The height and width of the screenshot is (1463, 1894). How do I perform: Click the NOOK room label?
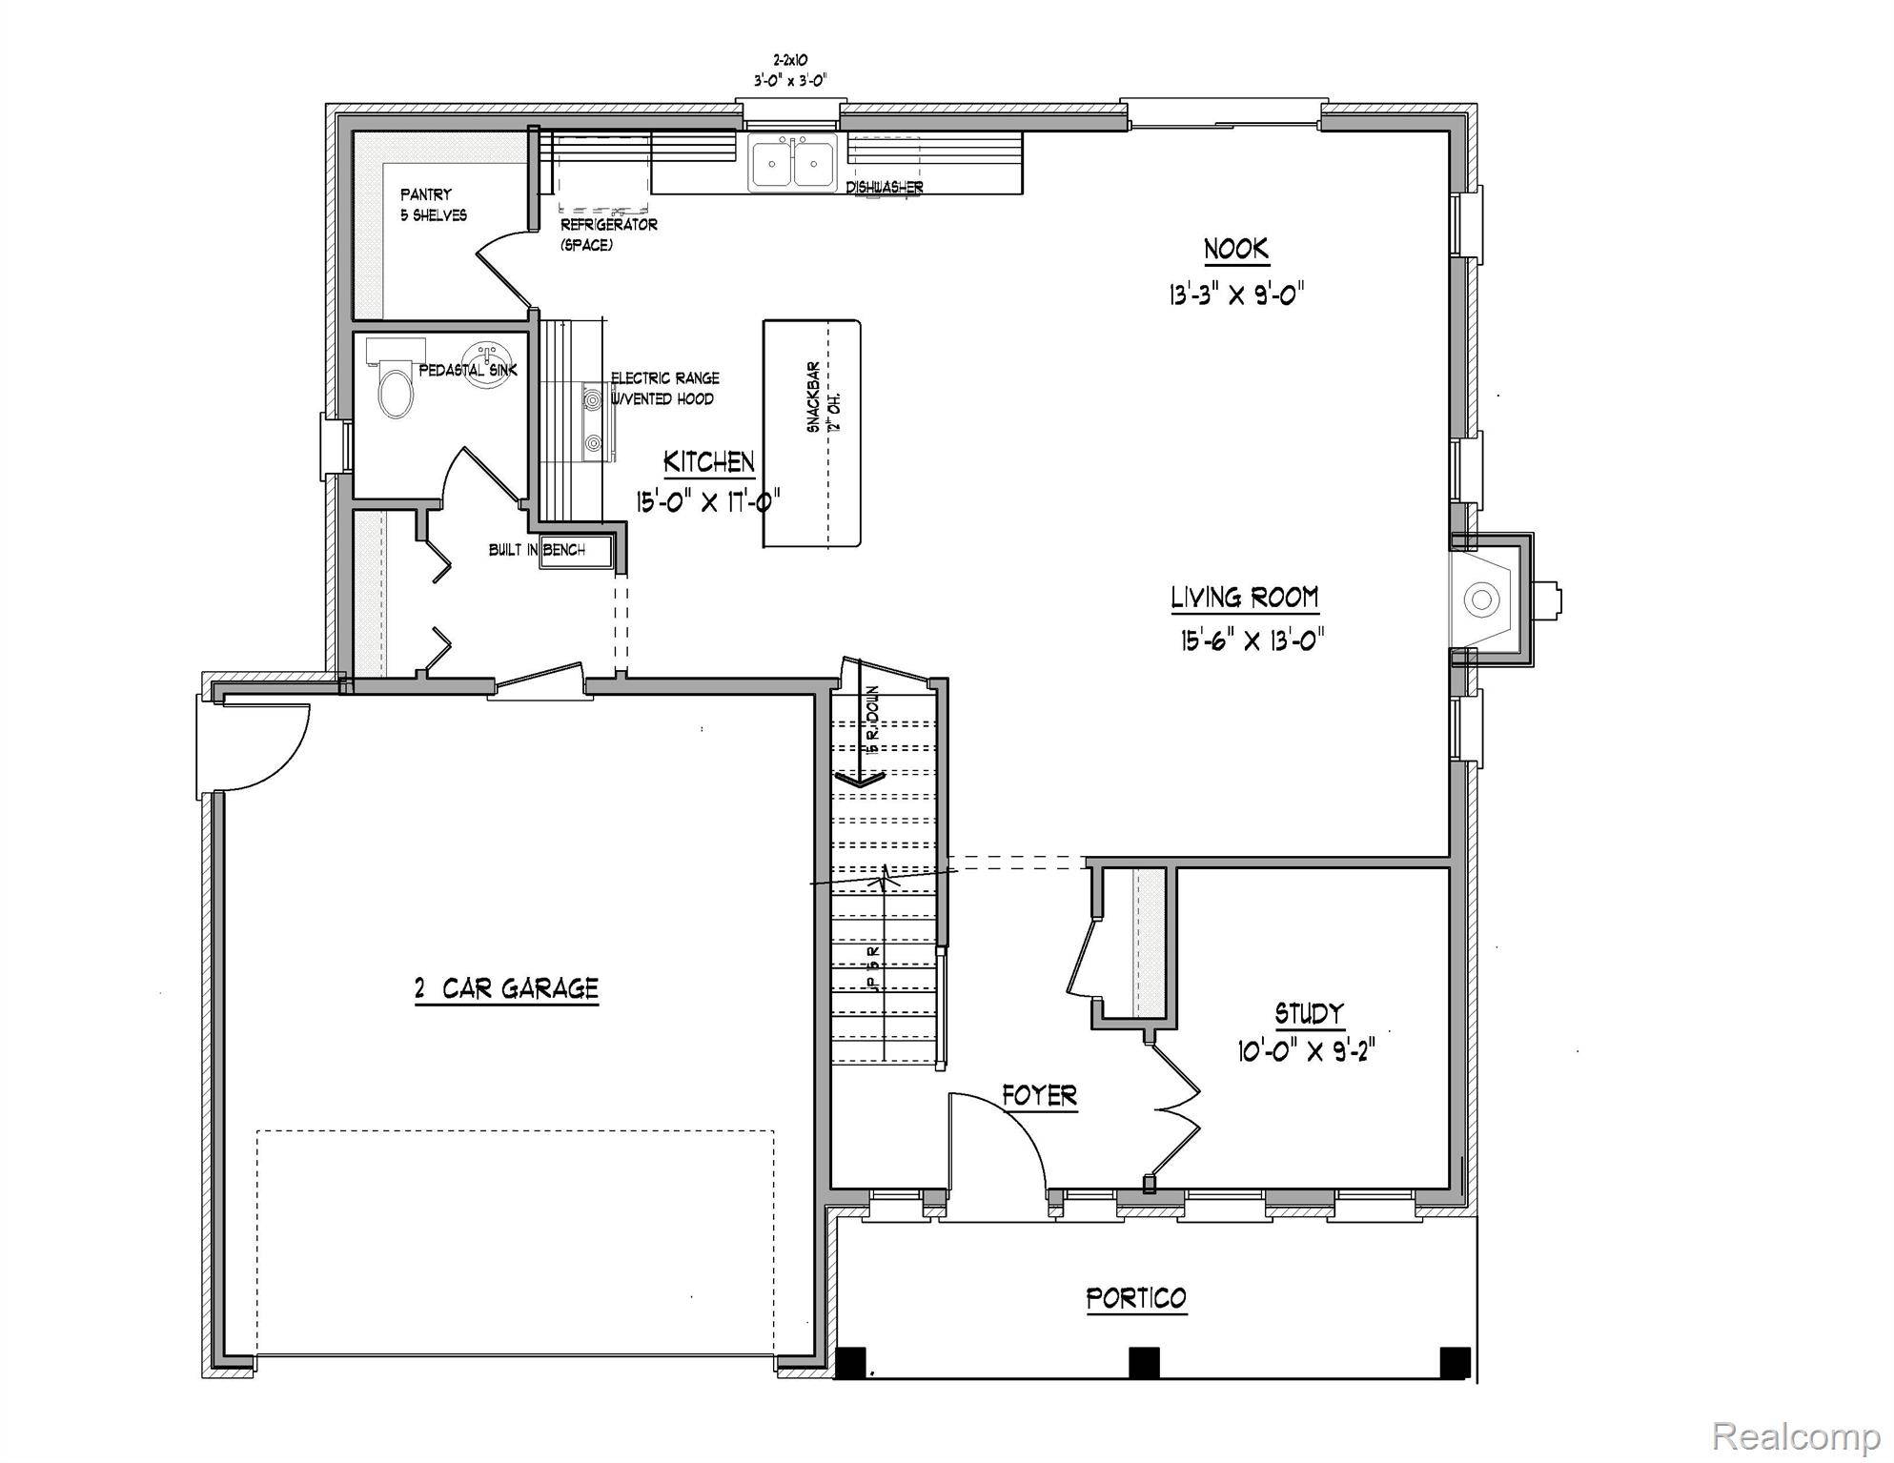pyautogui.click(x=1236, y=250)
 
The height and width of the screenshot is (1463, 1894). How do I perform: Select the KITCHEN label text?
pyautogui.click(x=709, y=462)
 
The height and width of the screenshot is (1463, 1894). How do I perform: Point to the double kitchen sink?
pyautogui.click(x=792, y=162)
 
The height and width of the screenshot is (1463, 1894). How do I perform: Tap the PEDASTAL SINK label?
pyautogui.click(x=468, y=370)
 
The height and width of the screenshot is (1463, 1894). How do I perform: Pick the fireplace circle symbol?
pyautogui.click(x=1480, y=599)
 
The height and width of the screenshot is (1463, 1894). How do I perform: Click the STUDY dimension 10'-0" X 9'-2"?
pyautogui.click(x=1307, y=1052)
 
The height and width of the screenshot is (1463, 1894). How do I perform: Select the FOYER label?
pyautogui.click(x=1039, y=1096)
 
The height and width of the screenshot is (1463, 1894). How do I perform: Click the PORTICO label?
pyautogui.click(x=1136, y=1298)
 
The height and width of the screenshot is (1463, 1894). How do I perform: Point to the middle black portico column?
pyautogui.click(x=1144, y=1361)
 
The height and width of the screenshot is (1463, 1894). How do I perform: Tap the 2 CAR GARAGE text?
pyautogui.click(x=506, y=988)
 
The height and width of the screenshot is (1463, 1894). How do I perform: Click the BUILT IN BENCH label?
pyautogui.click(x=536, y=550)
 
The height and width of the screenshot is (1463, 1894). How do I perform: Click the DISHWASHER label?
pyautogui.click(x=884, y=188)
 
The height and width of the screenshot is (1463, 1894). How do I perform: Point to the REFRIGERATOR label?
pyautogui.click(x=608, y=225)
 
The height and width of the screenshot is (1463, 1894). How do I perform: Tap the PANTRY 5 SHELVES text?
pyautogui.click(x=433, y=205)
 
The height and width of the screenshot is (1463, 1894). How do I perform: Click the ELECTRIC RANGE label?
pyautogui.click(x=664, y=378)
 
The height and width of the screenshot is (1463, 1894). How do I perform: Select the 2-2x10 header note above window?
pyautogui.click(x=787, y=59)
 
